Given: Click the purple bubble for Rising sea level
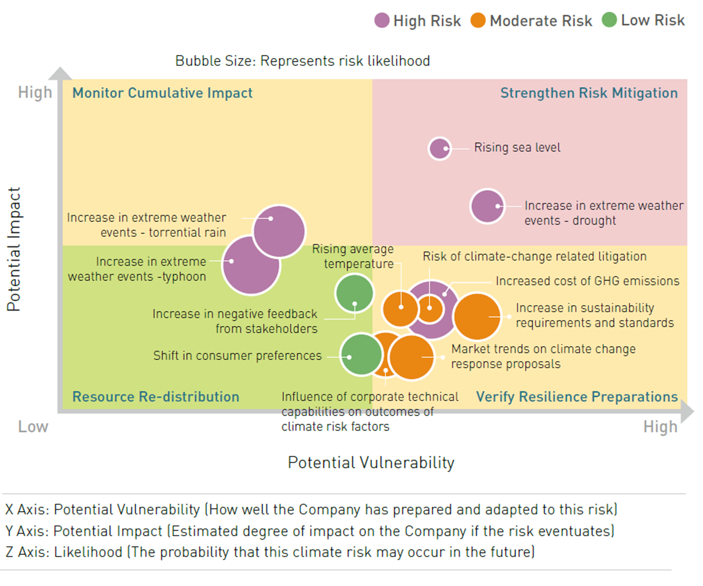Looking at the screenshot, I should tap(439, 149).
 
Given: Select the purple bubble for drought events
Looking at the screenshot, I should tap(487, 206).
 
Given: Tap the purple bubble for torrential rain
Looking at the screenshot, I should tap(279, 232).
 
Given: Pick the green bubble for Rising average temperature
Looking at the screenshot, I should tap(354, 293).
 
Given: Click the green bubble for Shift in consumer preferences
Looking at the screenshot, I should tap(361, 354).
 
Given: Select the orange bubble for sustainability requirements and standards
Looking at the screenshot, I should tap(477, 316).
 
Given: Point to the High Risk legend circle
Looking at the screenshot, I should tap(382, 21).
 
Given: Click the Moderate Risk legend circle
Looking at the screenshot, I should tap(478, 21).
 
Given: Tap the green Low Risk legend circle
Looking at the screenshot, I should tap(609, 20).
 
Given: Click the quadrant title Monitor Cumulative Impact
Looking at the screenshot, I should tap(162, 93).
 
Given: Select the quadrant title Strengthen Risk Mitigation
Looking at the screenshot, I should tap(588, 93).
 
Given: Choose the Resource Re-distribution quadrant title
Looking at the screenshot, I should tap(156, 396).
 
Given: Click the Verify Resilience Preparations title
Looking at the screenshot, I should tap(576, 396).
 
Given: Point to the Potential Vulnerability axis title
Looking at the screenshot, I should tap(371, 462).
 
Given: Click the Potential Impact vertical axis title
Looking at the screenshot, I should tap(14, 249).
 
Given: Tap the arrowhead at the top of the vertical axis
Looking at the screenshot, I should tap(60, 74).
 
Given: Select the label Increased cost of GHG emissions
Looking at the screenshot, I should tap(587, 281).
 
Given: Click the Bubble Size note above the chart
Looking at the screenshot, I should tap(302, 61).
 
